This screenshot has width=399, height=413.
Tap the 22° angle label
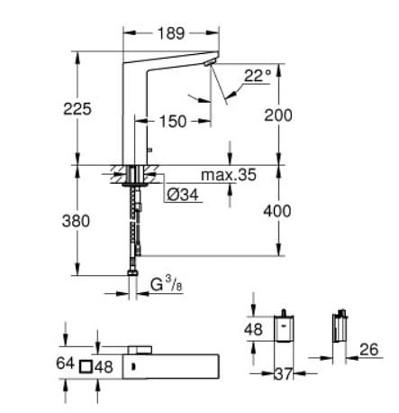257,78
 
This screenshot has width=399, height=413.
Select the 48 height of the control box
255,330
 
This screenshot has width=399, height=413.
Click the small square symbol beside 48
87,367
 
